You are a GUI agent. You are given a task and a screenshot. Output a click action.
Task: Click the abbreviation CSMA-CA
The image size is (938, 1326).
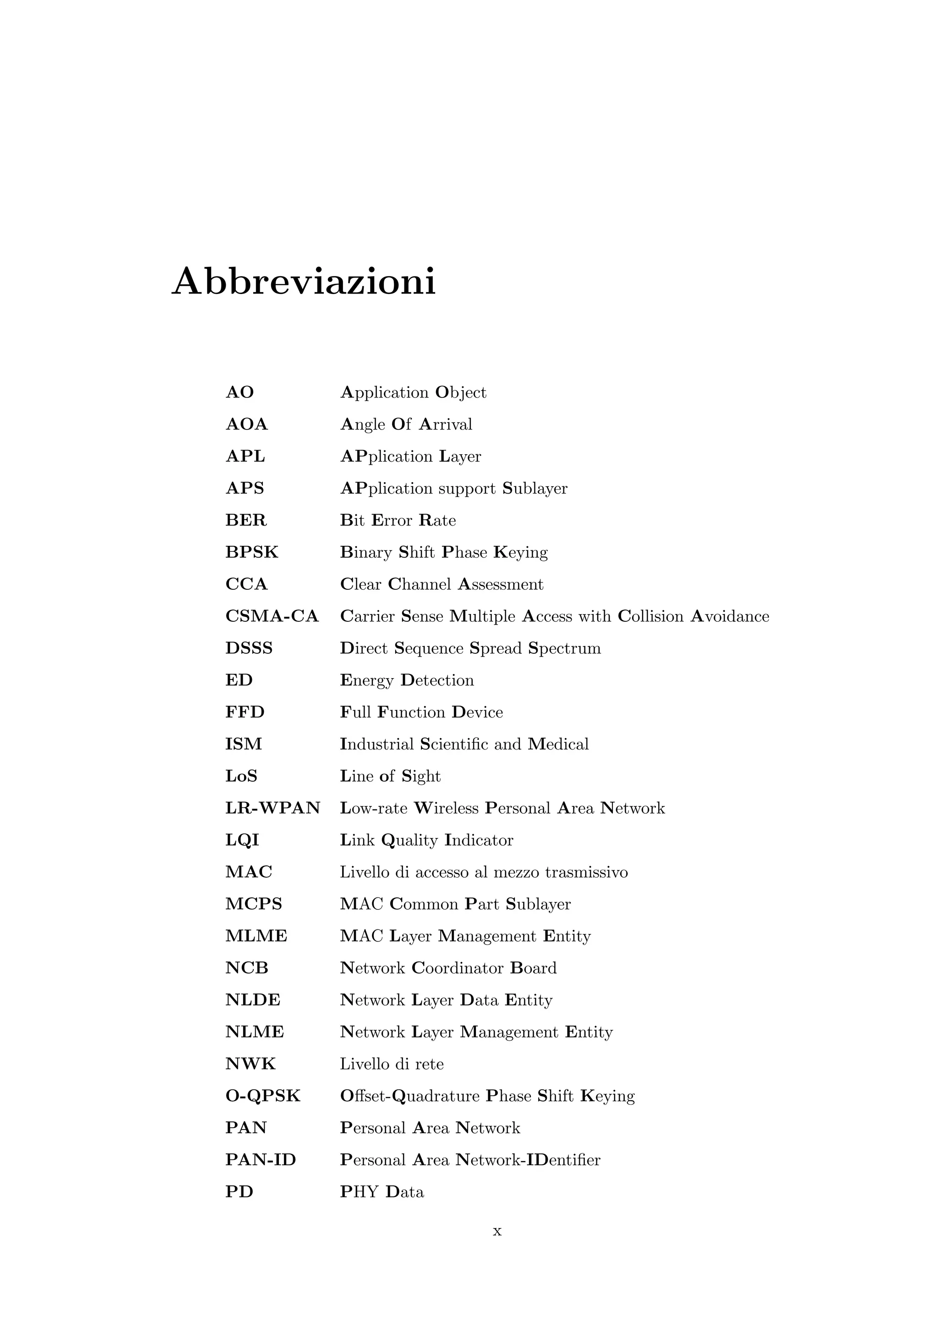pyautogui.click(x=272, y=616)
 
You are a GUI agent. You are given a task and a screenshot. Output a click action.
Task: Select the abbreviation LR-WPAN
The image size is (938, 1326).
pyautogui.click(x=273, y=808)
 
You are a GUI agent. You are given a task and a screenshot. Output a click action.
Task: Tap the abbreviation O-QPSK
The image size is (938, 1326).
pyautogui.click(x=263, y=1096)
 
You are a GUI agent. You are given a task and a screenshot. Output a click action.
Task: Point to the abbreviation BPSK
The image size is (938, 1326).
pyautogui.click(x=252, y=552)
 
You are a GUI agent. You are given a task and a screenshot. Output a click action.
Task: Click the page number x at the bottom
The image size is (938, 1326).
pyautogui.click(x=497, y=1231)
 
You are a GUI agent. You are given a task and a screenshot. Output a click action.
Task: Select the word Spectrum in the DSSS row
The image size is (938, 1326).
pyautogui.click(x=564, y=648)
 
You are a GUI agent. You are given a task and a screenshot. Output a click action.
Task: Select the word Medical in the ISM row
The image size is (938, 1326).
pyautogui.click(x=558, y=744)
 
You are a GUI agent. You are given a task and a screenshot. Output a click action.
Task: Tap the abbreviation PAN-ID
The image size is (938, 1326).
pyautogui.click(x=261, y=1160)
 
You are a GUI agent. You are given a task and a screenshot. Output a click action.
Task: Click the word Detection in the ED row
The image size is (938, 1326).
pyautogui.click(x=437, y=680)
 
